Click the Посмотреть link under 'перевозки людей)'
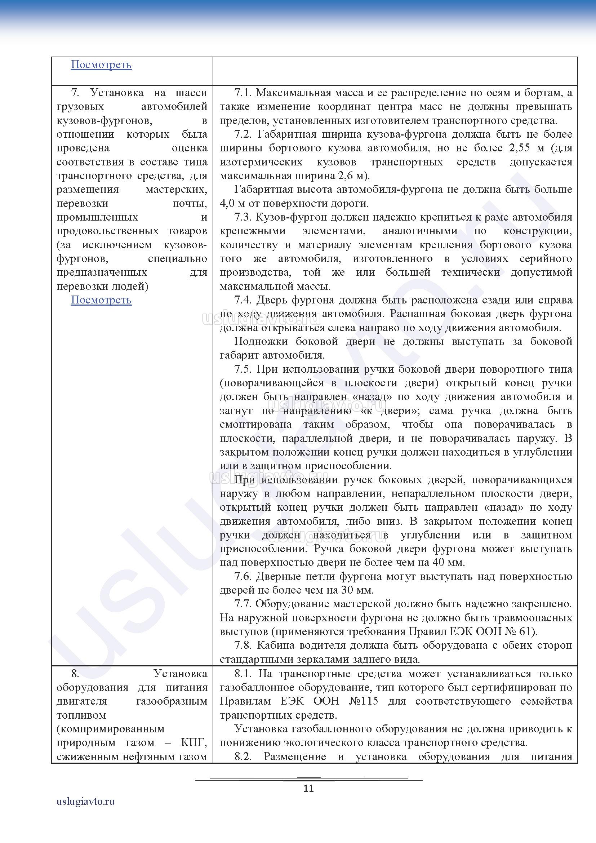point(101,300)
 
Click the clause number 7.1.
point(243,93)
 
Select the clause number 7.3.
point(243,217)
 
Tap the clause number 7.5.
point(243,369)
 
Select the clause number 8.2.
point(243,757)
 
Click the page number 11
point(309,788)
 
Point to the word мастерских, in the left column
point(176,190)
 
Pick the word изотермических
point(261,162)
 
